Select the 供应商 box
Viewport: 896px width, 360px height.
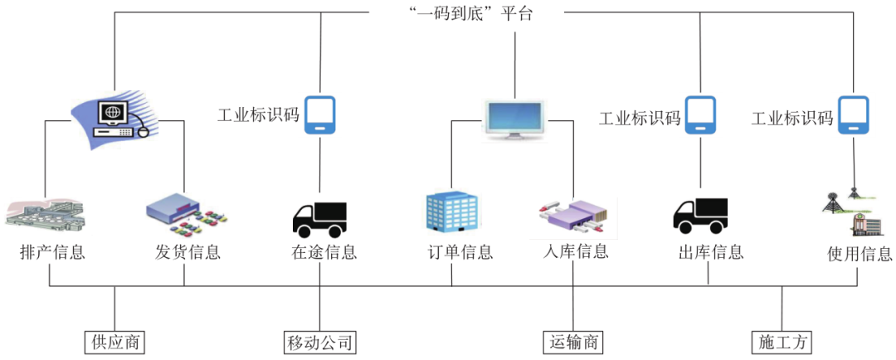(114, 342)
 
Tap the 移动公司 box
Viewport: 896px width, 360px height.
(319, 342)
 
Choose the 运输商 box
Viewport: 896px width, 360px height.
(574, 342)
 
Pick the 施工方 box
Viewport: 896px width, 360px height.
(783, 342)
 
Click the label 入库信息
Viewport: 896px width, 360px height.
(574, 251)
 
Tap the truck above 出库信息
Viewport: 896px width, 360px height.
(700, 216)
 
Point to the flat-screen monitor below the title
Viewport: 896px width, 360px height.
(514, 119)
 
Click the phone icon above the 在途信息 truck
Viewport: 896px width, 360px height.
(319, 115)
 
